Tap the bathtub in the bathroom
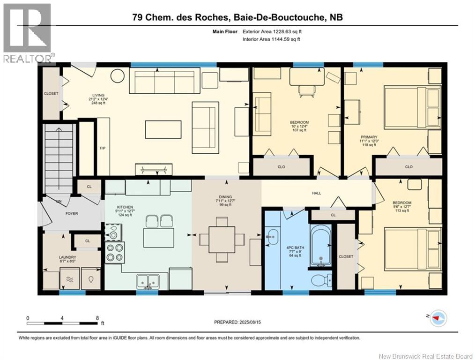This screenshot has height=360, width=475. point(320,246)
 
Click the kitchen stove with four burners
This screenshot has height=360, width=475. point(115,253)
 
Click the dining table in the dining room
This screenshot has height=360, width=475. point(222,239)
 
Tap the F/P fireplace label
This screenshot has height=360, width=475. point(103,149)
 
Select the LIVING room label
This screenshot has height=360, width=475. point(98,95)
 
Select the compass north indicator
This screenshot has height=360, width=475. point(438,318)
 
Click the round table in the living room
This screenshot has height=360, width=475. point(117,75)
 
